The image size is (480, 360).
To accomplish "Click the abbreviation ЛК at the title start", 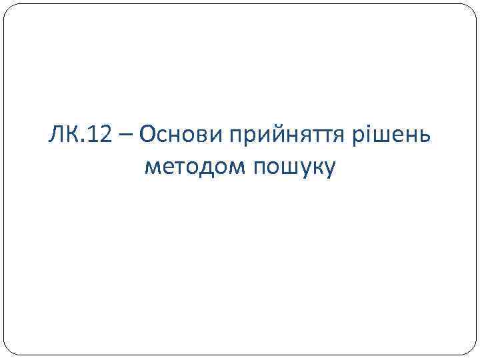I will point(64,136).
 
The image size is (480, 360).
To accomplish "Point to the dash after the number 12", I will point(127,137).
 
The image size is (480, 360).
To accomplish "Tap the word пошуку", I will point(293,168).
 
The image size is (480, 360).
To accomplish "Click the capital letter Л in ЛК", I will point(55,136).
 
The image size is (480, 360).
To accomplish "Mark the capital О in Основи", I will point(148,136).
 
